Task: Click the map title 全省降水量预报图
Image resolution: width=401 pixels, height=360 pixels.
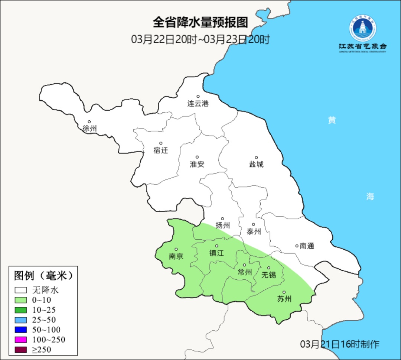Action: pos(200,23)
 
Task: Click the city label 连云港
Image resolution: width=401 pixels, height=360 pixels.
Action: pos(198,104)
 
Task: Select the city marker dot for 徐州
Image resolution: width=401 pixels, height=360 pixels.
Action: pos(89,121)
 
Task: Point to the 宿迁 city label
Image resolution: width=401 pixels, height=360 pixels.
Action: pos(161,150)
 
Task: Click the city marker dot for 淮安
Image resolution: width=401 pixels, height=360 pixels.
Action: pos(197,157)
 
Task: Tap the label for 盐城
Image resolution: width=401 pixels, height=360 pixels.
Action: pos(256,164)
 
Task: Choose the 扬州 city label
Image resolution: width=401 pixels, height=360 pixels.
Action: pos(223,225)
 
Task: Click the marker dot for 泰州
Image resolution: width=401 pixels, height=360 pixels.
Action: pos(254,224)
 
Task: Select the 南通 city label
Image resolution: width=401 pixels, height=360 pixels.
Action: pos(307,246)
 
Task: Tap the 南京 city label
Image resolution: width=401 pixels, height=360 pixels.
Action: pos(176,256)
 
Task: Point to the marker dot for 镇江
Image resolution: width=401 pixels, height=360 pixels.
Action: pos(217,246)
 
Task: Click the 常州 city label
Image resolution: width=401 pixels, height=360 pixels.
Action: pos(245,272)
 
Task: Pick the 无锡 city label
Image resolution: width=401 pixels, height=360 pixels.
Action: pos(269,275)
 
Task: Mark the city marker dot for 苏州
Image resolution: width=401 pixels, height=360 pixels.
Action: pos(284,292)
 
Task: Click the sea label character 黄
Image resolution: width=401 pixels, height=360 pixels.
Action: pos(332,120)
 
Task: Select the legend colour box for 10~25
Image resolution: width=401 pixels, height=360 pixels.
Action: pos(21,310)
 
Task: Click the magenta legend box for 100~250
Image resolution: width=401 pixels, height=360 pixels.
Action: pos(21,340)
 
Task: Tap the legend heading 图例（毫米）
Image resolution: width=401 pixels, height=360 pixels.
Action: pos(43,276)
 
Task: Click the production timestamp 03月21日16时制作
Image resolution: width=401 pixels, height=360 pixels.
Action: pos(339,344)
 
